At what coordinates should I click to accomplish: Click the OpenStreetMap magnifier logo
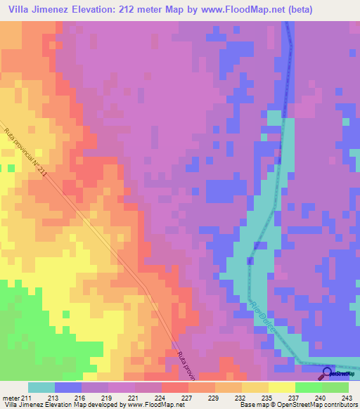(x=328, y=373)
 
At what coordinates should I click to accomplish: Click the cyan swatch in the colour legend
(x=41, y=387)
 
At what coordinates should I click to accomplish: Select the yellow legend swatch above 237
(x=282, y=387)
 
